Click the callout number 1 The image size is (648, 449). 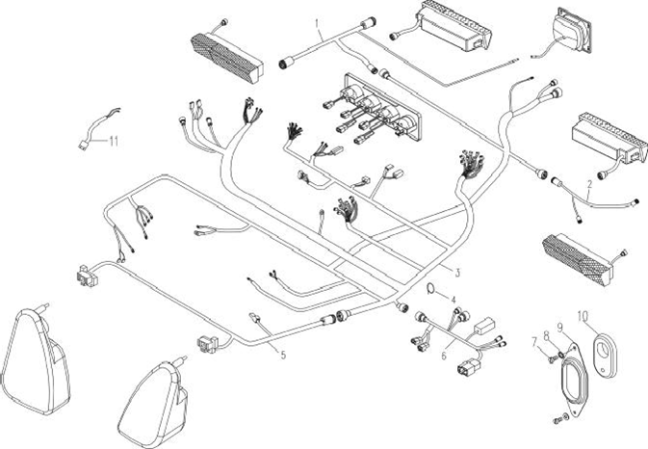(x=314, y=19)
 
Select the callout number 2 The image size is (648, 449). (x=589, y=184)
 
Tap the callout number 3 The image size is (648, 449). (x=457, y=273)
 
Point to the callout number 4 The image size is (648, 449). (x=454, y=300)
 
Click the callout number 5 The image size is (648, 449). (x=282, y=355)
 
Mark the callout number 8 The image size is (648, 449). (x=547, y=335)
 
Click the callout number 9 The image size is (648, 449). (x=560, y=329)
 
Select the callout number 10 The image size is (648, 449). (x=582, y=315)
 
